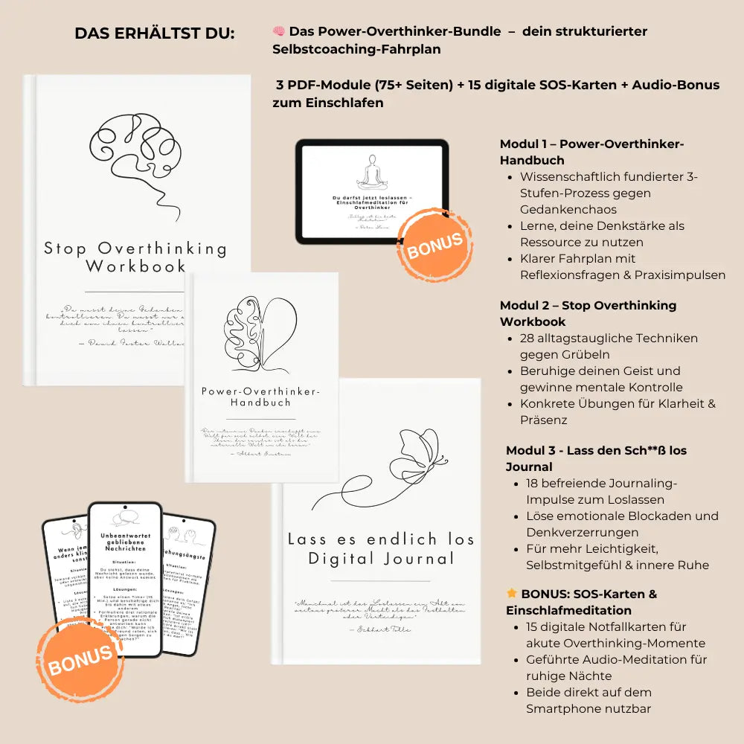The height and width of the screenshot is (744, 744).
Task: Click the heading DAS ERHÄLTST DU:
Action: pos(154,34)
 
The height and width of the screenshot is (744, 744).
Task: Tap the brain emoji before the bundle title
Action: pos(279,31)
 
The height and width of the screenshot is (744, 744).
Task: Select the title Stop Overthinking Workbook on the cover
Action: pos(135,257)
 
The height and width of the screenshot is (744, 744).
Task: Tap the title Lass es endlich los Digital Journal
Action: pos(381,549)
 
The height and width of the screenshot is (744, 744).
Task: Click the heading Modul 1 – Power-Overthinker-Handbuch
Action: pos(591,152)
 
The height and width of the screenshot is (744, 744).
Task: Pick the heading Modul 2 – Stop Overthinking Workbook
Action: pos(588,313)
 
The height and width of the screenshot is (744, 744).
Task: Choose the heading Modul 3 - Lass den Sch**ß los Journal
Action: pos(596,458)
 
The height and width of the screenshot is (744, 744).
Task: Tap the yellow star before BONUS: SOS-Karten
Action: pos(512,594)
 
